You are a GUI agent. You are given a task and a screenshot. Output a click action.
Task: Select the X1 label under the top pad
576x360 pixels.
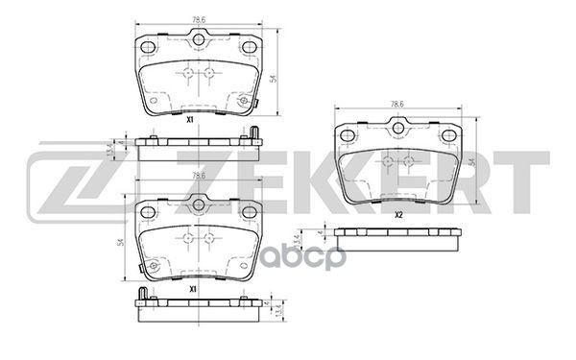point(191,119)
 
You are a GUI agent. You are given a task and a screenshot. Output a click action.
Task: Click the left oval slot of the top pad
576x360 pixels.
point(148,47)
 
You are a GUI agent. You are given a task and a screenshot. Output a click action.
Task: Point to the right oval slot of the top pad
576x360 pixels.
point(250,47)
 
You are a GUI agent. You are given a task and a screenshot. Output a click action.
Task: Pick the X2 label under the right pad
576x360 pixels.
point(397,215)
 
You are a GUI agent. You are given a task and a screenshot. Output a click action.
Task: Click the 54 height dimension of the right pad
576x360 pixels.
point(473,164)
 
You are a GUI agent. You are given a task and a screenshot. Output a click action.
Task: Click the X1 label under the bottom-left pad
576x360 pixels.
point(192,288)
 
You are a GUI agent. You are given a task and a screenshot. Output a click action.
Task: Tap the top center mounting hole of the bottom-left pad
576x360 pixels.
point(199,203)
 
